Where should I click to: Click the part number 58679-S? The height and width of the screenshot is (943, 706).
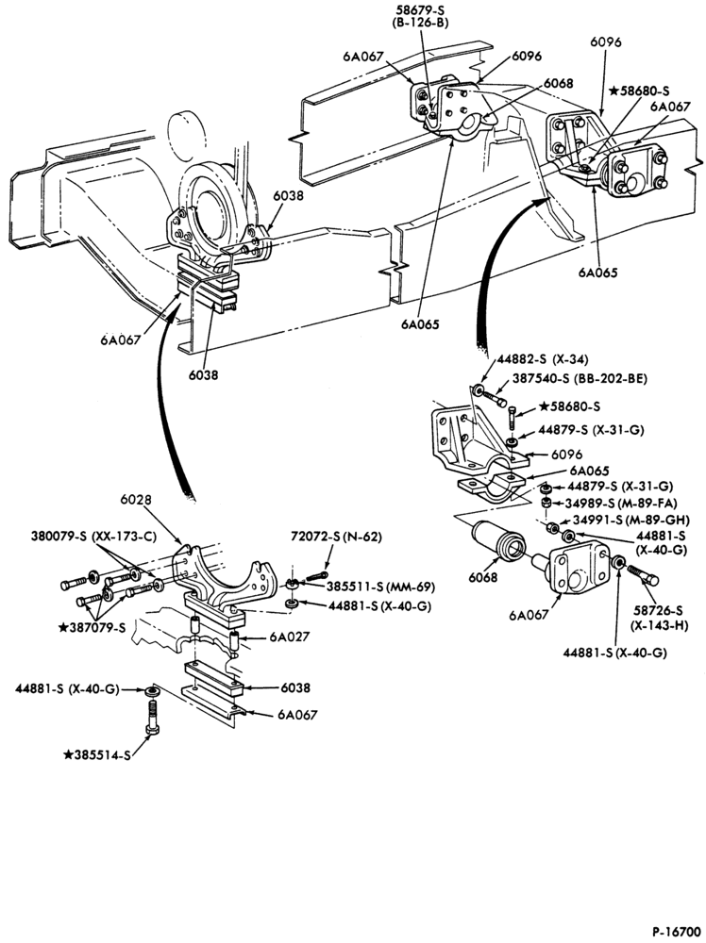pyautogui.click(x=421, y=10)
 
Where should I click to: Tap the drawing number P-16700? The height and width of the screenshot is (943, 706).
pyautogui.click(x=678, y=931)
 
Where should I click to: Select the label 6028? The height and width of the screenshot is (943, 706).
pyautogui.click(x=136, y=500)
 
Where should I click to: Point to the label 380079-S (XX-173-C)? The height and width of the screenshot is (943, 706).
pyautogui.click(x=93, y=537)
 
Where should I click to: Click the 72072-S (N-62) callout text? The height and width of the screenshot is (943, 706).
pyautogui.click(x=336, y=537)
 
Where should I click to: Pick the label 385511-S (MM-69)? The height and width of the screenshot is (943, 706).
pyautogui.click(x=380, y=587)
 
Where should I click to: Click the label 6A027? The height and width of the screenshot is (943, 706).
pyautogui.click(x=289, y=637)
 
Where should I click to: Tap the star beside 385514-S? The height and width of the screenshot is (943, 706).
pyautogui.click(x=69, y=754)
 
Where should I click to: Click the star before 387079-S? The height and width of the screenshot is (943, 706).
pyautogui.click(x=63, y=628)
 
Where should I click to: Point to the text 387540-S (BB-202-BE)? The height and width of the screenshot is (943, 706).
pyautogui.click(x=580, y=379)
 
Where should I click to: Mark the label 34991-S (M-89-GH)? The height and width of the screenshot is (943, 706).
pyautogui.click(x=630, y=519)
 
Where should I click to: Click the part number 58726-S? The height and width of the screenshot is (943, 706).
pyautogui.click(x=659, y=610)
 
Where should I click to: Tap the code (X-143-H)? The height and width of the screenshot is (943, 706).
pyautogui.click(x=659, y=625)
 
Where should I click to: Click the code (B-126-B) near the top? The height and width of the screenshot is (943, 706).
pyautogui.click(x=421, y=24)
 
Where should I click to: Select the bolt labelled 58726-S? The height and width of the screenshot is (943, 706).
pyautogui.click(x=643, y=575)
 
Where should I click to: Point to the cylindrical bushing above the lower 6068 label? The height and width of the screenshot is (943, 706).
pyautogui.click(x=498, y=540)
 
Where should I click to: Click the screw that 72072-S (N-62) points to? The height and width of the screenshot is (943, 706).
pyautogui.click(x=316, y=577)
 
